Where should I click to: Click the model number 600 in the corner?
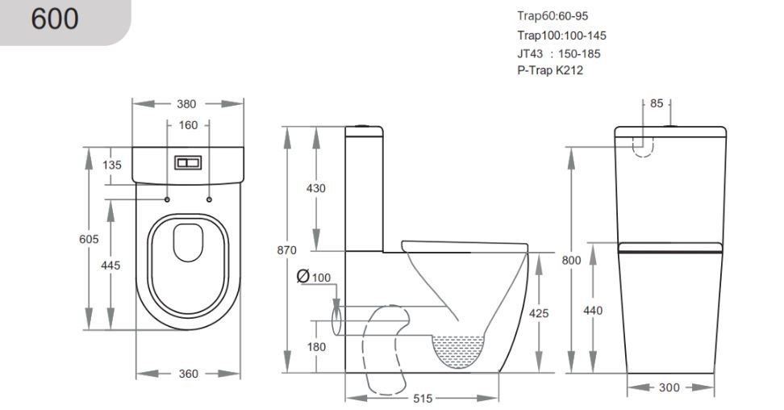55,19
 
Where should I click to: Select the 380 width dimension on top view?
186,104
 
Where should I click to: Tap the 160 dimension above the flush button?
189,125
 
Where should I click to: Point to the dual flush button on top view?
188,163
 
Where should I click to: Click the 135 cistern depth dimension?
112,165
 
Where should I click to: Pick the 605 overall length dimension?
89,239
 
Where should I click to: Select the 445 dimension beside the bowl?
111,265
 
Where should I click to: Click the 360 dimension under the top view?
189,374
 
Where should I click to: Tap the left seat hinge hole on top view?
167,199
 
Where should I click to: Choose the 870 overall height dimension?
287,250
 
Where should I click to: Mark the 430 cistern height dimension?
316,188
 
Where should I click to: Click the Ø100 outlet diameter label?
314,277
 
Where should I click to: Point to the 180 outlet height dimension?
316,346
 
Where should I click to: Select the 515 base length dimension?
423,399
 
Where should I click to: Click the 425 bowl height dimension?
539,313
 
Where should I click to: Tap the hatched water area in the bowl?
458,351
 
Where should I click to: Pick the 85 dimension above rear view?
657,103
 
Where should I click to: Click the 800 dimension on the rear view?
572,260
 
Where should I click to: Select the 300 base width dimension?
669,387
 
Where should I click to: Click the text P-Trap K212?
550,70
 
